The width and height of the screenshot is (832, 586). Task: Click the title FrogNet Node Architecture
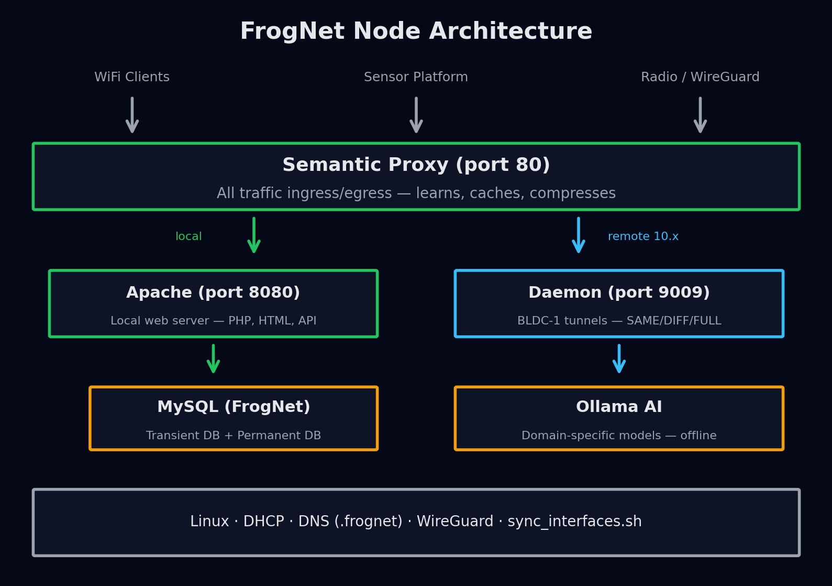pos(416,31)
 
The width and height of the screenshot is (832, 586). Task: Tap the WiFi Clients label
pos(132,77)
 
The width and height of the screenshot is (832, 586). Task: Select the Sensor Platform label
pos(416,77)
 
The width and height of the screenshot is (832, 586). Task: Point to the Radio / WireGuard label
pos(700,77)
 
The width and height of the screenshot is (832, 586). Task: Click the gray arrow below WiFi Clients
pos(132,115)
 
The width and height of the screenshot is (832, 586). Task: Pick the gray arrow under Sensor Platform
pos(416,115)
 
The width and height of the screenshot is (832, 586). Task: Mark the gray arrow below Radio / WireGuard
pos(700,115)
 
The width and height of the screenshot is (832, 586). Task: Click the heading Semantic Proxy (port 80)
pos(416,165)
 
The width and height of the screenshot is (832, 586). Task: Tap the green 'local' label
pos(188,236)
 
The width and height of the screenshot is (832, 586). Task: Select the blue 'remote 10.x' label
pos(643,236)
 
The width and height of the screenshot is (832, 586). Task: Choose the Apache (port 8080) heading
pos(213,292)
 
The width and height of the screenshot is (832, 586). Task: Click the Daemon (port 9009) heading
pos(619,292)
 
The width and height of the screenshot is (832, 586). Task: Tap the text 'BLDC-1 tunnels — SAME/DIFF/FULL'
pos(619,321)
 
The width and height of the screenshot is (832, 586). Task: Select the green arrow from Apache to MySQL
pos(213,359)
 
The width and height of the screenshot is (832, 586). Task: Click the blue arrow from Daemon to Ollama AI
pos(619,359)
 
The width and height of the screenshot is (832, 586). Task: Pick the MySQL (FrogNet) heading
pos(234,407)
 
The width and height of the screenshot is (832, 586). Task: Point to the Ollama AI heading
pos(619,407)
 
